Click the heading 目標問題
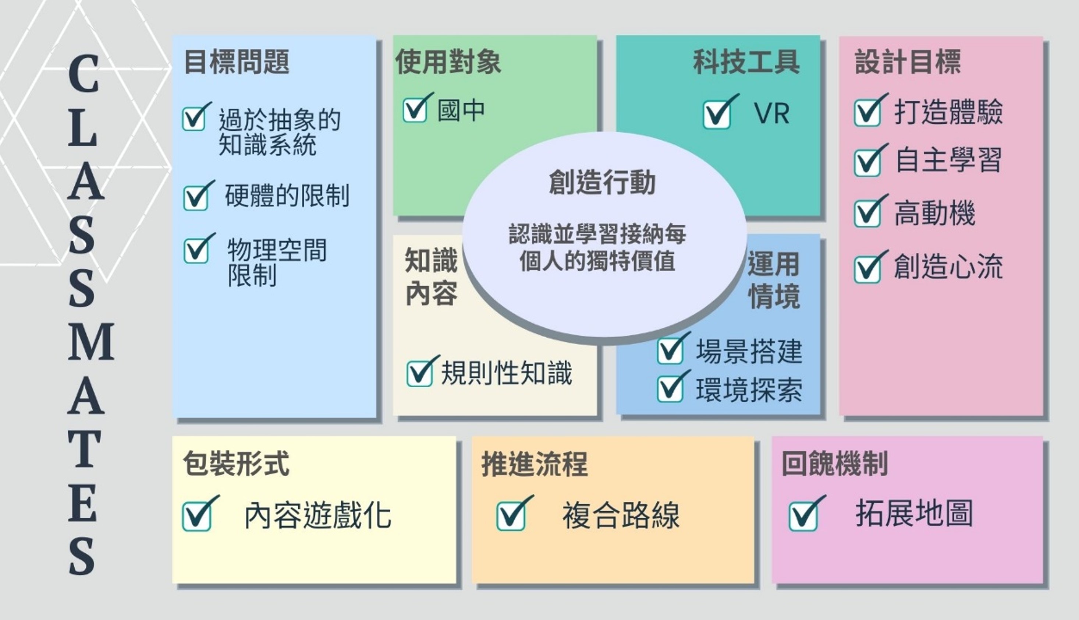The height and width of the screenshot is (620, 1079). point(237,62)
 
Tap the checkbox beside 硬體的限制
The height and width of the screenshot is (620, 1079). point(196,198)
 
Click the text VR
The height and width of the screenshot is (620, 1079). point(771,113)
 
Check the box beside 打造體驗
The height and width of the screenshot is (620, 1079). point(867,113)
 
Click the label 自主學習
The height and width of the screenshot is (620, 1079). point(948,160)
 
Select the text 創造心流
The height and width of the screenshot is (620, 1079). point(948,267)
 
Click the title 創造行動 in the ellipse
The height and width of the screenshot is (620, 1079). point(601,182)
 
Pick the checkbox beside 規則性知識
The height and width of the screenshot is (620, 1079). point(419,373)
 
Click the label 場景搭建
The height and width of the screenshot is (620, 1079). point(749,352)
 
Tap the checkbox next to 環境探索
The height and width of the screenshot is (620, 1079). point(670,389)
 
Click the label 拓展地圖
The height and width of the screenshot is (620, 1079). point(914,514)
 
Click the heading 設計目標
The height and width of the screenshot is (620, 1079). point(908,62)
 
